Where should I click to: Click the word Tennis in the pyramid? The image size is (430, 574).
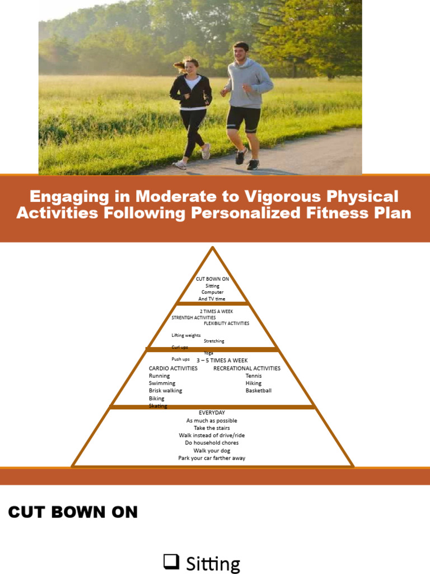point(253,376)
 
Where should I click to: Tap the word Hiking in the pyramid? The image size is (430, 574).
point(253,383)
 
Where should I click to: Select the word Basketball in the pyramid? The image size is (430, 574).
point(258,391)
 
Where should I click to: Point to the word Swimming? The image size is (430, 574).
point(162,383)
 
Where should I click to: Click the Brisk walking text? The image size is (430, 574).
point(165,391)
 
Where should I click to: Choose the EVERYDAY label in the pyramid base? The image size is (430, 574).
point(212,413)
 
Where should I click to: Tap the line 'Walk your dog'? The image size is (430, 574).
point(212,451)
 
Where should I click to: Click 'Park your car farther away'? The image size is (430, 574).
point(212,458)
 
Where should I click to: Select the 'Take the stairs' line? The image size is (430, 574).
point(212,428)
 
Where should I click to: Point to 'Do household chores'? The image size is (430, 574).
point(212,443)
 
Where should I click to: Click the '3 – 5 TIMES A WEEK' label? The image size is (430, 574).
point(222,360)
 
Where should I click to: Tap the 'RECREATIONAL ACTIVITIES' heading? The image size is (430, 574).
point(246,368)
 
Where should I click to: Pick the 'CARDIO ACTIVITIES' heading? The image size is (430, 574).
point(173,368)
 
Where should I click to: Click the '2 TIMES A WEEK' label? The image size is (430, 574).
point(216,311)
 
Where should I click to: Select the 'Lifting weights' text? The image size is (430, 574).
point(186,335)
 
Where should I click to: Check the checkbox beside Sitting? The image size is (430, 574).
point(170,561)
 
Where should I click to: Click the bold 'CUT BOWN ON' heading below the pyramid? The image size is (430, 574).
point(73,512)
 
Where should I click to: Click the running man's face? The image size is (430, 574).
point(240,53)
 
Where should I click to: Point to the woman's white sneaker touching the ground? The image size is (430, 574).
point(180,165)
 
